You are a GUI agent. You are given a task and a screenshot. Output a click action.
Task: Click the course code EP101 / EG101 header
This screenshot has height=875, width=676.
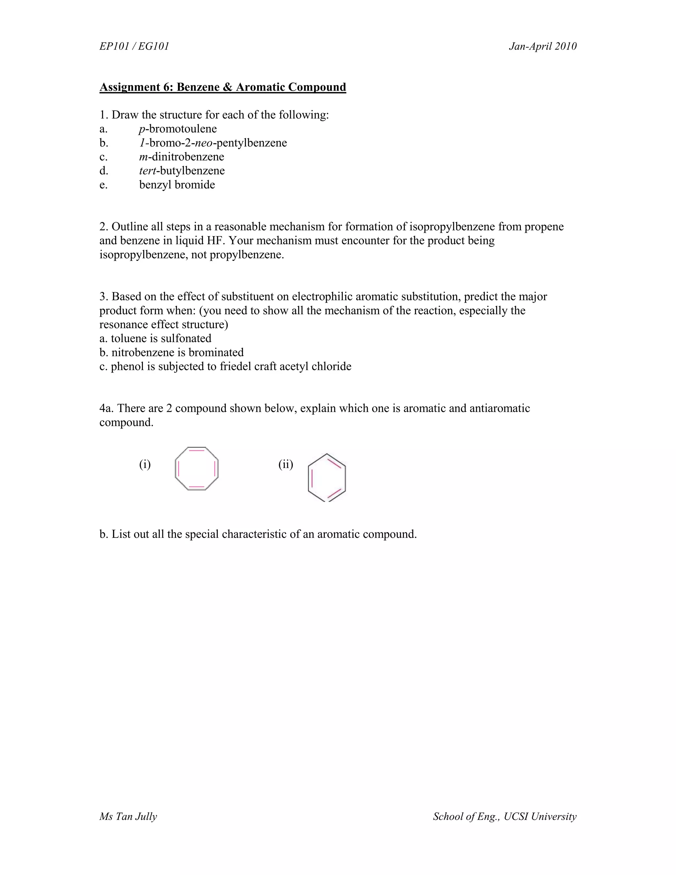(x=134, y=47)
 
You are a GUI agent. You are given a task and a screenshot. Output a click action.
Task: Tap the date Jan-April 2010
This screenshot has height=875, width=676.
(x=543, y=47)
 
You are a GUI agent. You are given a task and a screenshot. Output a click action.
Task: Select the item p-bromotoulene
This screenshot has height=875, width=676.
(x=178, y=129)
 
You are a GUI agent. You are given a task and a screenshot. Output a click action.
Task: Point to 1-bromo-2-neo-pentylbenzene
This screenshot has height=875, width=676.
(x=213, y=143)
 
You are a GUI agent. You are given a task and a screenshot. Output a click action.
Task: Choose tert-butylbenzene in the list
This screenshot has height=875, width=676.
(x=182, y=171)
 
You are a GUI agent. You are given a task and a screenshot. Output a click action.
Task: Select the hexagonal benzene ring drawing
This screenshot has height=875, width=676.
(x=327, y=477)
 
